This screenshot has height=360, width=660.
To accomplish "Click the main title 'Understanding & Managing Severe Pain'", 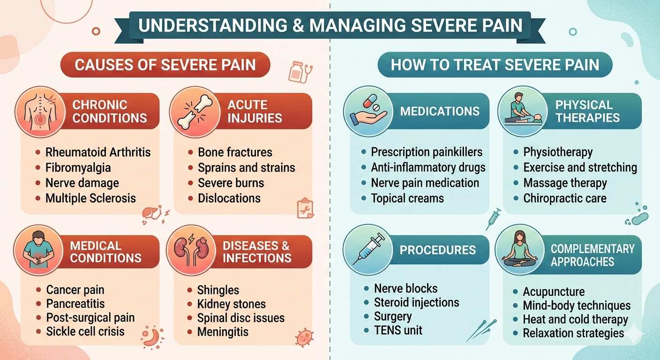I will click(330, 25).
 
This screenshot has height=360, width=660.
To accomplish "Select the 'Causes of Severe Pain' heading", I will click(165, 65).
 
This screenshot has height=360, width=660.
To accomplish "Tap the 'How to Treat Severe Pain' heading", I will click(495, 65).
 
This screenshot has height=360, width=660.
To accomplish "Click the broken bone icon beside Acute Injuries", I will click(192, 112).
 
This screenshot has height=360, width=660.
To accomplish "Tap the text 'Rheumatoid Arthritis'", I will click(98, 152).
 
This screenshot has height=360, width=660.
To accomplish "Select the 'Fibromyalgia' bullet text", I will click(78, 168).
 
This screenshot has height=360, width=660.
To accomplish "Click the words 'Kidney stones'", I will click(232, 305).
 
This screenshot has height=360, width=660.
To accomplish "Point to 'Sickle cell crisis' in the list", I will click(85, 331).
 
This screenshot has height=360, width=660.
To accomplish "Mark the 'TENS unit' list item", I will click(398, 330).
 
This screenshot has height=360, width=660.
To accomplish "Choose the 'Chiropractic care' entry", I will click(565, 198).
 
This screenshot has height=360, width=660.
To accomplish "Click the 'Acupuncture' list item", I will click(554, 292).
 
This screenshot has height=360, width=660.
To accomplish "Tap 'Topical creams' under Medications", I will click(407, 198).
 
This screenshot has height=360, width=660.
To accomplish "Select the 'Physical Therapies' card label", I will click(587, 111).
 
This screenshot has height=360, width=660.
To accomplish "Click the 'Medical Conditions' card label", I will click(105, 252).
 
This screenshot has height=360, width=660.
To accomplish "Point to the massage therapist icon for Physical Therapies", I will click(520, 113).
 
